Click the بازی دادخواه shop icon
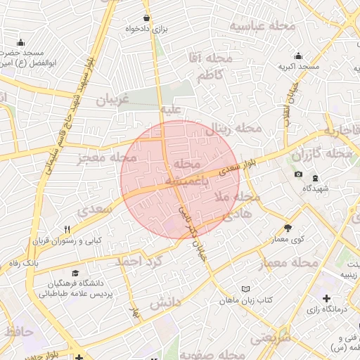coord(146,18)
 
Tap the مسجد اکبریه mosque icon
coord(299,56)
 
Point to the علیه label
coord(172,110)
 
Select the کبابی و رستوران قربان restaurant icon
coord(67,229)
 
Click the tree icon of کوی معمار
coord(288,228)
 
